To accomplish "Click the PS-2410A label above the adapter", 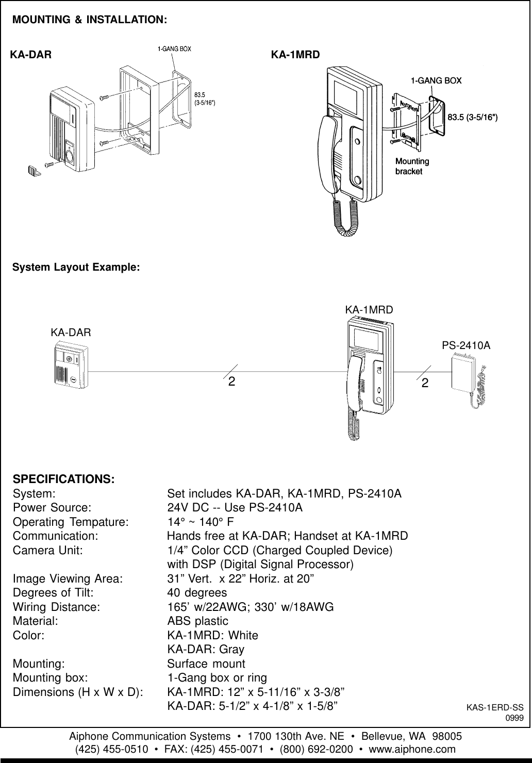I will click(466, 345).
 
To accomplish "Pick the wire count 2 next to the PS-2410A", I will click(424, 383).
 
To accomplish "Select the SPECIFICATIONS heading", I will click(64, 478).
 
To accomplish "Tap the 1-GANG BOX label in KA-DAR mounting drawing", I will click(174, 49).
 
